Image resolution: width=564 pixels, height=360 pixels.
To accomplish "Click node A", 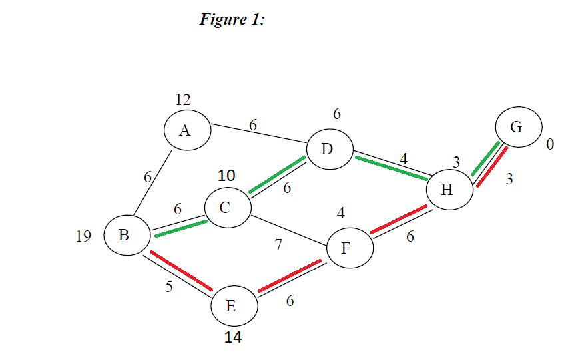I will click(185, 130).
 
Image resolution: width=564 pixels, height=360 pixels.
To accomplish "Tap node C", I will click(226, 208).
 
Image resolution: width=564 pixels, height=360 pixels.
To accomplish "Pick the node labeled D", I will click(327, 148).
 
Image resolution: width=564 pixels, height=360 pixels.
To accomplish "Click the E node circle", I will click(232, 306).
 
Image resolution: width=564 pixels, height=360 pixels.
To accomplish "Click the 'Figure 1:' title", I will click(232, 19).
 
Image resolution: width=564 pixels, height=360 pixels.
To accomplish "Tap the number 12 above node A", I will click(183, 100).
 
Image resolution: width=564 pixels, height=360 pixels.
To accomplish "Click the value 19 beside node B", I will click(83, 236).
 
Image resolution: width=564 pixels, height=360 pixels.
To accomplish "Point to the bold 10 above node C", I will click(227, 176).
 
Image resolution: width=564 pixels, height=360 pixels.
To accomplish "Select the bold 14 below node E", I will click(232, 338).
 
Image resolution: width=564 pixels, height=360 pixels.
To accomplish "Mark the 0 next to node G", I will click(550, 144).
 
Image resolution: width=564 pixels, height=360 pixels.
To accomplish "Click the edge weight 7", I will click(278, 245).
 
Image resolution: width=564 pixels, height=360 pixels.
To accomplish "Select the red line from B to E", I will click(180, 271).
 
